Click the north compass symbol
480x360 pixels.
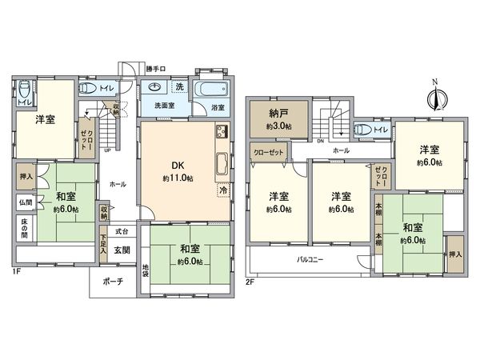click(x=436, y=97)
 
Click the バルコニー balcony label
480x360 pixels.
click(x=309, y=258)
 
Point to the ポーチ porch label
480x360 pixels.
click(x=111, y=282)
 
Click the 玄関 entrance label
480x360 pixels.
click(x=122, y=250)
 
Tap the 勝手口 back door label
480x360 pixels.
click(x=157, y=68)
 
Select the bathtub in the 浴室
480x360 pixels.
click(x=211, y=88)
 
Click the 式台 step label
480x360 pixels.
click(x=122, y=230)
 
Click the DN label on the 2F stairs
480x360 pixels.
click(x=319, y=141)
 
